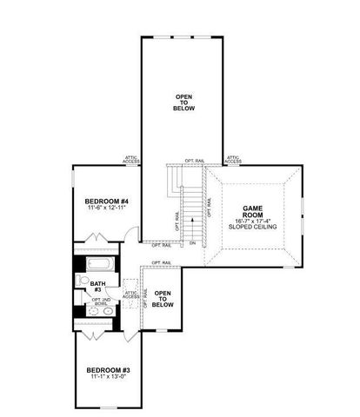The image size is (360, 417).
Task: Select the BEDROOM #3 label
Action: click(x=108, y=370)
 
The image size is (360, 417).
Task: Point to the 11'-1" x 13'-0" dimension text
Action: click(x=108, y=378)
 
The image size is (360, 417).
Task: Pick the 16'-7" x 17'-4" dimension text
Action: click(x=251, y=222)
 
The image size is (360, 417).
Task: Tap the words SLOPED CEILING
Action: click(x=251, y=229)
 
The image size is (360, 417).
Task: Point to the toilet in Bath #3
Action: click(x=80, y=281)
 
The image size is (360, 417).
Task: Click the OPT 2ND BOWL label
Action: click(x=99, y=303)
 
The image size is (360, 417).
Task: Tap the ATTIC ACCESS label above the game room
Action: click(x=234, y=159)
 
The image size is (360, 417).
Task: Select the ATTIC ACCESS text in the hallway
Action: click(x=130, y=295)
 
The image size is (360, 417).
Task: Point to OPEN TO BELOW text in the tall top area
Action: click(x=184, y=103)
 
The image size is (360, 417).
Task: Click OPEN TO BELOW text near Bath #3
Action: click(x=161, y=298)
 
